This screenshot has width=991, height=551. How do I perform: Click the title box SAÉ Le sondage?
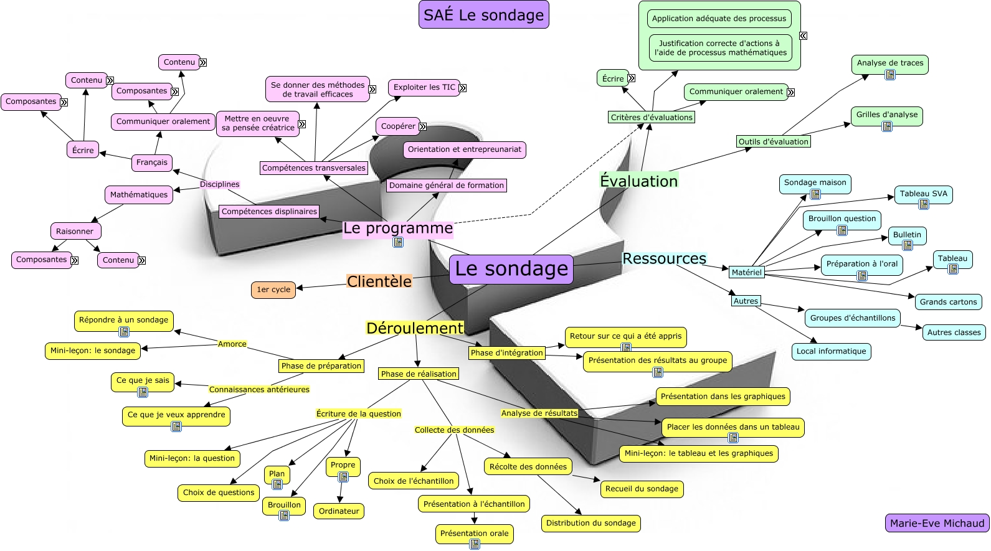(483, 15)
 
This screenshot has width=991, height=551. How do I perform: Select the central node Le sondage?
(511, 269)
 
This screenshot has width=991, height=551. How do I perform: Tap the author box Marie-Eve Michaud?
(937, 523)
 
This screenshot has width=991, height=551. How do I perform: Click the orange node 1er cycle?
(273, 290)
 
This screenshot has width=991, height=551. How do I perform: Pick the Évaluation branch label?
(638, 181)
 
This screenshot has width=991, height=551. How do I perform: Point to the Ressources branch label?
(664, 258)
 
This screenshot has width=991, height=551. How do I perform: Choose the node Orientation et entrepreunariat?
(465, 149)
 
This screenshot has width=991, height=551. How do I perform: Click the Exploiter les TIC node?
(424, 87)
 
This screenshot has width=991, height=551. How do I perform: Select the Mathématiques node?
(139, 195)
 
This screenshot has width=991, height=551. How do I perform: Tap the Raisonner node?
(75, 232)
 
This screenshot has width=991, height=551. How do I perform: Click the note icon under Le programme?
(398, 242)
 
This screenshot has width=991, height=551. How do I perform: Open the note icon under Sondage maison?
(815, 194)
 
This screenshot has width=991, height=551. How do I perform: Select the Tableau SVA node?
(923, 194)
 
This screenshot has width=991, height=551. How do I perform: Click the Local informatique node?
(831, 351)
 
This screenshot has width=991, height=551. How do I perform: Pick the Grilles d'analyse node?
(886, 115)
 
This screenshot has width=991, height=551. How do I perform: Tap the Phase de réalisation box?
(419, 374)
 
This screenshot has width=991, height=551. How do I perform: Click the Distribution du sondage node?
(590, 523)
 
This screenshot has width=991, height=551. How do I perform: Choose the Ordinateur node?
(339, 511)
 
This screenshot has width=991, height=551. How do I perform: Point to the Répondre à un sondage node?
(123, 320)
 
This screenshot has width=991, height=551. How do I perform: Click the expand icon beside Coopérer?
(423, 126)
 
